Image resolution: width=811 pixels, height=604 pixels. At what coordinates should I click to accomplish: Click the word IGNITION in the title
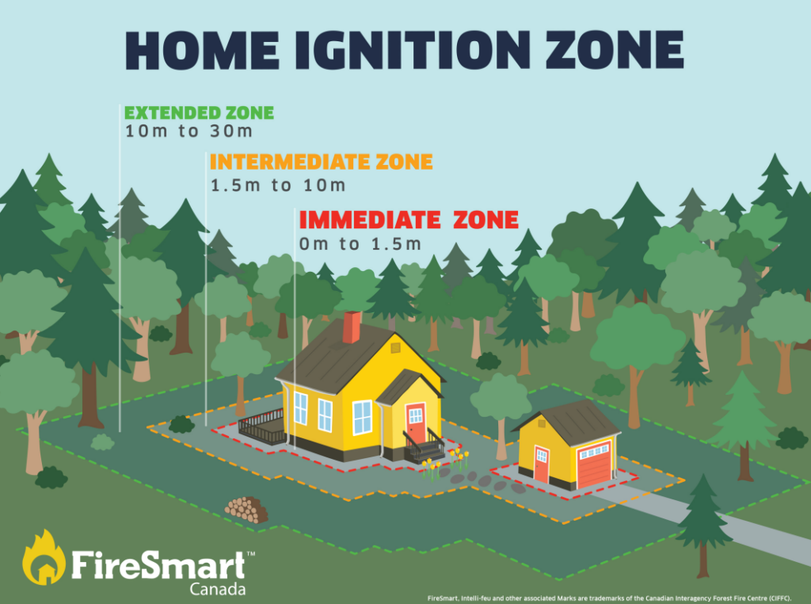[x=413, y=50]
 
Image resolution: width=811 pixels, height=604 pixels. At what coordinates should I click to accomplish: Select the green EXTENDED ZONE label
[x=199, y=113]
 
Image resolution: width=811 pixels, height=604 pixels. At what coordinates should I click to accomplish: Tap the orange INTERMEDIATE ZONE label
[x=322, y=162]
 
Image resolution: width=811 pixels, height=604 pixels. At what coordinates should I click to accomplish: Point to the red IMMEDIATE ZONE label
[x=409, y=220]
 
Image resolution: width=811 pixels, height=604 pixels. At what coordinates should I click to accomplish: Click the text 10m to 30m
[x=188, y=132]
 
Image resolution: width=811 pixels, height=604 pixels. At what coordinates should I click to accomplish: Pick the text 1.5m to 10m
[x=278, y=185]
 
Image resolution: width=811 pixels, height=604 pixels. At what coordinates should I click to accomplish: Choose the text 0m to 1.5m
[x=360, y=244]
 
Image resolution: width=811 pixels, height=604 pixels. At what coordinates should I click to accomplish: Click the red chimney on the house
[x=352, y=327]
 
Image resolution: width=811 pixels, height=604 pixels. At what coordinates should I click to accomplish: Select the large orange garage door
[x=594, y=464]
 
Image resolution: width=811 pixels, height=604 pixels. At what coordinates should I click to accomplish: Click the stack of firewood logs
[x=247, y=510]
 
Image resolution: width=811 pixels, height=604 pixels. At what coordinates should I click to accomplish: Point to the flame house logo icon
[x=44, y=558]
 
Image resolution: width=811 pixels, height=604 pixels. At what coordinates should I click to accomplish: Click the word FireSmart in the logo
[x=158, y=565]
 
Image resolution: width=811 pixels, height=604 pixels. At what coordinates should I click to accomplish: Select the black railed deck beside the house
[x=261, y=426]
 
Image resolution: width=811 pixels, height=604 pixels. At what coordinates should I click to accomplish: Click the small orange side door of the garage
[x=541, y=464]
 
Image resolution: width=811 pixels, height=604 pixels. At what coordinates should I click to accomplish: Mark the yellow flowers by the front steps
[x=444, y=462]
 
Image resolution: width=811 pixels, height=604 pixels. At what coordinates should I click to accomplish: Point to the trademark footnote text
[x=609, y=598]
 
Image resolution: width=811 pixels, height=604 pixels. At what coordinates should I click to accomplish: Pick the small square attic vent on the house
[x=396, y=348]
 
